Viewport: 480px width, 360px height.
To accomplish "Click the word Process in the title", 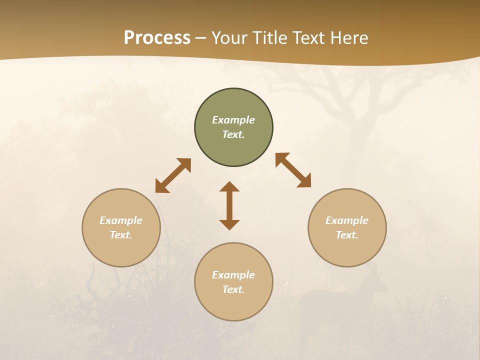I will pyautogui.click(x=157, y=38).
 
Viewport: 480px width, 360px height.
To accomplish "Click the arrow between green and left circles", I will pyautogui.click(x=173, y=175).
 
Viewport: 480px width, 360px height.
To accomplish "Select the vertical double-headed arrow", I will pyautogui.click(x=229, y=205).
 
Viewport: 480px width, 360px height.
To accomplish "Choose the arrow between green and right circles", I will pyautogui.click(x=293, y=170).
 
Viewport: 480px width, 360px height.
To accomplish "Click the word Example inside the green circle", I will pyautogui.click(x=233, y=120).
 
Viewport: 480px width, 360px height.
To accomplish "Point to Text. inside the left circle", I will pyautogui.click(x=121, y=235).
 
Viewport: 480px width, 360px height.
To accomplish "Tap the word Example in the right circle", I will pyautogui.click(x=347, y=220).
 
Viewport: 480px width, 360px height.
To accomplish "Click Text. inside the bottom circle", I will pyautogui.click(x=233, y=289).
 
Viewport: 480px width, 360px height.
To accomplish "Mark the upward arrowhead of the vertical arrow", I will pyautogui.click(x=229, y=187).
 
